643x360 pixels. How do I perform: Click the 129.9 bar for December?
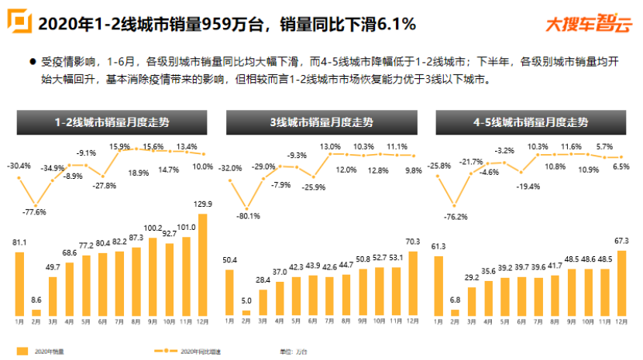click(204, 264)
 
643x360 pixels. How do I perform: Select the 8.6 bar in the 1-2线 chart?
click(36, 311)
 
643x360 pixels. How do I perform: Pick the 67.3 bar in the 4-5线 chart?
click(621, 283)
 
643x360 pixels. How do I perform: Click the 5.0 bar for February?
click(246, 313)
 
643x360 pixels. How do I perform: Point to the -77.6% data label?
click(36, 211)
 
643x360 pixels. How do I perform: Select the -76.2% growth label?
click(456, 216)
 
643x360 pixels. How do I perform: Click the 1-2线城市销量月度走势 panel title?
click(112, 122)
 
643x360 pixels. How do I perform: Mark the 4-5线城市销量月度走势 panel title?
click(532, 122)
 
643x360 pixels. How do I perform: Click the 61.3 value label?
click(439, 246)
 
